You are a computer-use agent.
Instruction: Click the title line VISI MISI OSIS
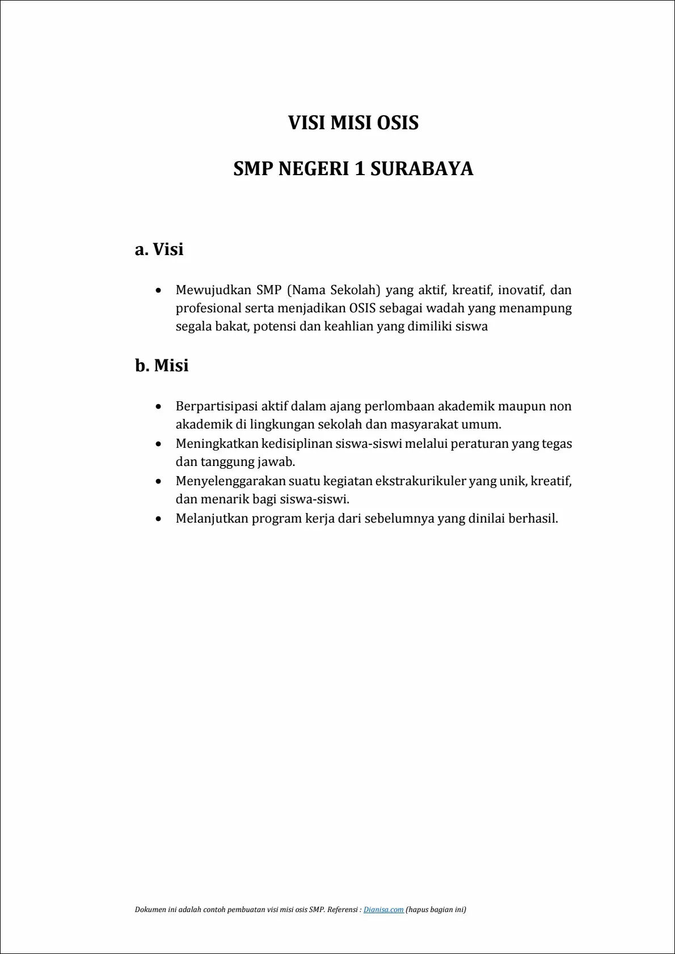pyautogui.click(x=353, y=123)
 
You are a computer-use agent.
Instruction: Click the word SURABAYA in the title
pyautogui.click(x=421, y=169)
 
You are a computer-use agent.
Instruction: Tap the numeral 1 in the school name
pyautogui.click(x=359, y=169)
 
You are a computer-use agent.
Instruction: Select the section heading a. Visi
pyautogui.click(x=159, y=249)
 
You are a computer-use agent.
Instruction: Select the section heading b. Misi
pyautogui.click(x=162, y=366)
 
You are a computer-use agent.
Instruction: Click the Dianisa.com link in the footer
pyautogui.click(x=383, y=909)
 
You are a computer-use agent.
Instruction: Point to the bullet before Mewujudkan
pyautogui.click(x=159, y=291)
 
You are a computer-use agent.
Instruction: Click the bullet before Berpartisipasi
pyautogui.click(x=159, y=407)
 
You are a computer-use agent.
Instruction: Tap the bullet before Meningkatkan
pyautogui.click(x=159, y=444)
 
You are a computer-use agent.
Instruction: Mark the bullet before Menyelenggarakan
pyautogui.click(x=159, y=482)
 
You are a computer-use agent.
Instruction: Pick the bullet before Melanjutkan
pyautogui.click(x=159, y=519)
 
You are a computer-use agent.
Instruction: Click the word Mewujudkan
pyautogui.click(x=213, y=290)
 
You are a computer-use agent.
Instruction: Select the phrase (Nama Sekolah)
pyautogui.click(x=334, y=290)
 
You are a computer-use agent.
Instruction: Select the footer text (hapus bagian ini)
pyautogui.click(x=436, y=909)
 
